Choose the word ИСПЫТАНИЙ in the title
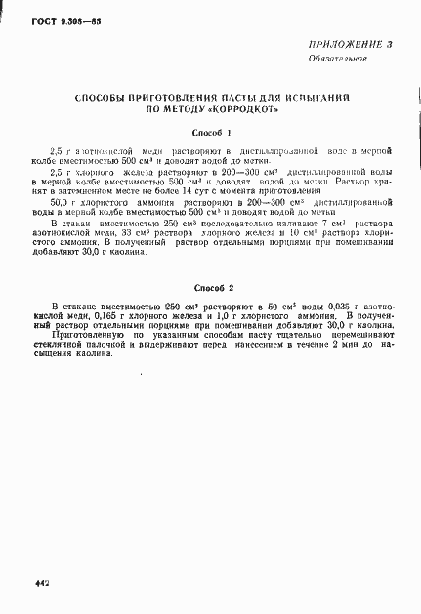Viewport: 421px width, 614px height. tap(318, 99)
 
